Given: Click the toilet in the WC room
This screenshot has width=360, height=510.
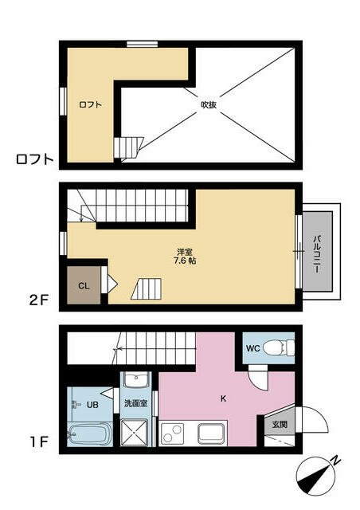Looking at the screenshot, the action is [x=279, y=347].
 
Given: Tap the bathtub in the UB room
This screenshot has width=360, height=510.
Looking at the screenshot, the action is [x=90, y=434].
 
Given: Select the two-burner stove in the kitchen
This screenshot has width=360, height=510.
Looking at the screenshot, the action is [x=171, y=433].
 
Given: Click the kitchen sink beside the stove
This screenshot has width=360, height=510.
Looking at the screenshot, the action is [x=212, y=433].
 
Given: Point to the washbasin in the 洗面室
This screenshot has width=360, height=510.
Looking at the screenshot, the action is [x=137, y=379].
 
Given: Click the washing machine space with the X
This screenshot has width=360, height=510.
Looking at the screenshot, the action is [x=134, y=432].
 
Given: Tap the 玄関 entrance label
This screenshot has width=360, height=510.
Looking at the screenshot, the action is [x=280, y=424].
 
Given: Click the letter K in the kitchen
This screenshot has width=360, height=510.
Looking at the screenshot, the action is [x=223, y=398].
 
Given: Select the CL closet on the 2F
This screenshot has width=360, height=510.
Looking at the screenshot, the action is [x=84, y=285].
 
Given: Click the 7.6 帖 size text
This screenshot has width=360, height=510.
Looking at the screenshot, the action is [x=185, y=261].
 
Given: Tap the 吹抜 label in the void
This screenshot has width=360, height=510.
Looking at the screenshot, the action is [x=209, y=104].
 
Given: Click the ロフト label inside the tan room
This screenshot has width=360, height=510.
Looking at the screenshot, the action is [x=91, y=104].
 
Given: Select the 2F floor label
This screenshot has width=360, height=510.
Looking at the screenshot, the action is [x=39, y=300].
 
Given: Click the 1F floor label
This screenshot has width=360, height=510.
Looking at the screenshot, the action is [x=39, y=441].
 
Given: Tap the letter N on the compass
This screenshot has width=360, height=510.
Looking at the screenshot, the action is [x=335, y=460].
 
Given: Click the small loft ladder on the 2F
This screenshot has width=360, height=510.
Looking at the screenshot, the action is [x=147, y=288].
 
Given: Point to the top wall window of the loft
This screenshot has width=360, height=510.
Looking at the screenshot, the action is [x=142, y=45].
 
